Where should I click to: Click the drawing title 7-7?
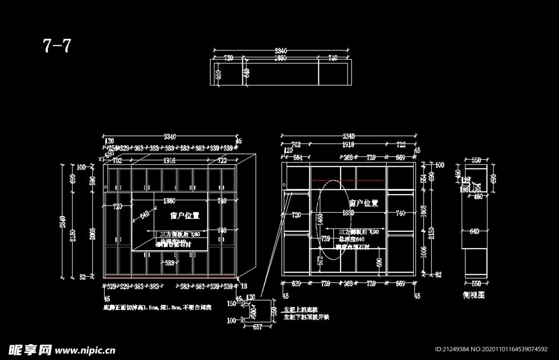57,46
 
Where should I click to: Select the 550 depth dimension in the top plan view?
218,74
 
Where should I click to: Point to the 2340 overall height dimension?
63,221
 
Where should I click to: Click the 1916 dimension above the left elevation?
169,161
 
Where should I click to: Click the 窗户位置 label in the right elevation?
363,202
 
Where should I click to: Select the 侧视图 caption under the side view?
473,295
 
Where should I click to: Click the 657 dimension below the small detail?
257,327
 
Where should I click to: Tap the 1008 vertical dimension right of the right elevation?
424,210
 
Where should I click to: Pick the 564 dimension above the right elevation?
298,158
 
